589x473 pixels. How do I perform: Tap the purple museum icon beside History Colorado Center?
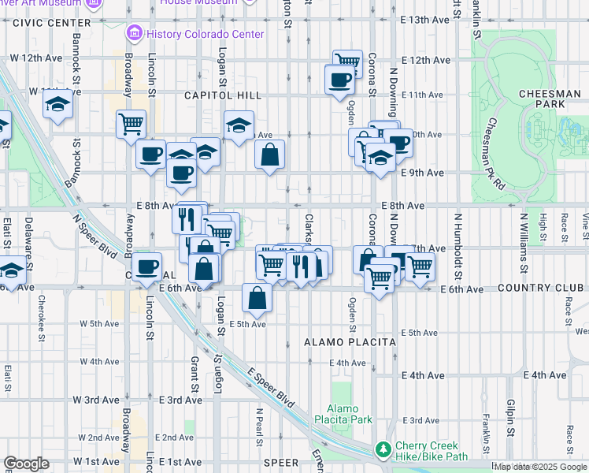(x=132, y=35)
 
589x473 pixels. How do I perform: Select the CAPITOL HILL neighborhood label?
(x=211, y=95)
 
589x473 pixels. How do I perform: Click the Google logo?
(x=26, y=464)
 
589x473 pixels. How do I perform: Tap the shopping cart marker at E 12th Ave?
(x=346, y=62)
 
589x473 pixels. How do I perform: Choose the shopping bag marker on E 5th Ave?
(x=257, y=298)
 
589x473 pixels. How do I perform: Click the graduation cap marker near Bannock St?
(x=57, y=105)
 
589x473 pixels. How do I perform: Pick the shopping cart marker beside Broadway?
(x=131, y=124)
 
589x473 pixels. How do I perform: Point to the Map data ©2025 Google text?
(x=540, y=467)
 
